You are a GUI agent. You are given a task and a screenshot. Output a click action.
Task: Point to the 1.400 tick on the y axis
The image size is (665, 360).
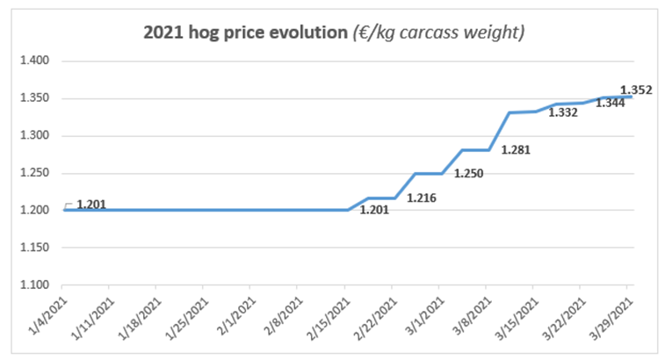pyautogui.click(x=36, y=61)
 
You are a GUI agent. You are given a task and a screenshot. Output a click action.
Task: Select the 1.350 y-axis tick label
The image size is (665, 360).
pyautogui.click(x=36, y=98)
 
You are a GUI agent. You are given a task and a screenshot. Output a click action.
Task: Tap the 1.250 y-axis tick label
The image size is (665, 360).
pyautogui.click(x=36, y=173)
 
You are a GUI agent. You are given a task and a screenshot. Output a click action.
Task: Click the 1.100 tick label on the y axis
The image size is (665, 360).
pyautogui.click(x=36, y=285)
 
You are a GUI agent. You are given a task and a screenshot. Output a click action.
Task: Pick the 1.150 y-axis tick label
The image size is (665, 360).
pyautogui.click(x=36, y=248)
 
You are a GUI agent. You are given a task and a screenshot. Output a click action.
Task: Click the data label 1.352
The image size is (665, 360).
pyautogui.click(x=636, y=89)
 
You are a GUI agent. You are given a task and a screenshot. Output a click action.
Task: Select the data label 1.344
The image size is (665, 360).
pyautogui.click(x=611, y=104)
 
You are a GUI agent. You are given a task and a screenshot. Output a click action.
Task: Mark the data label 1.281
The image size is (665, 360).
pyautogui.click(x=516, y=149)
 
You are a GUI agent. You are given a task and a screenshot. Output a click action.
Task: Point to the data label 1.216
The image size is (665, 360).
pyautogui.click(x=422, y=198)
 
